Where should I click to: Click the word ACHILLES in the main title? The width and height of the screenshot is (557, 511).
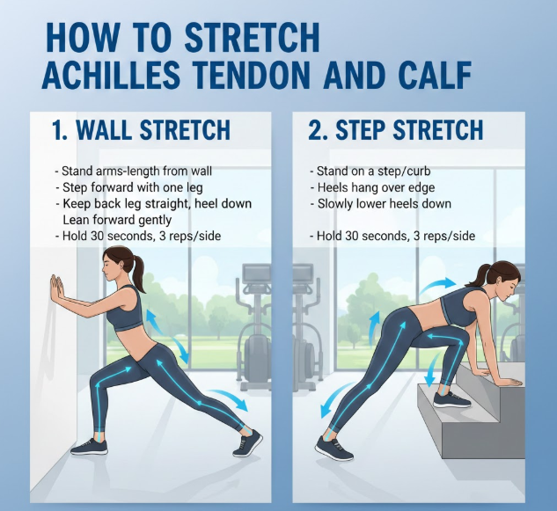[x=111, y=75]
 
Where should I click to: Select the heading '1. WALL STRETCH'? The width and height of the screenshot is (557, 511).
[x=141, y=129]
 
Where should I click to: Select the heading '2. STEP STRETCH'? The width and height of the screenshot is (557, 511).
[x=396, y=129]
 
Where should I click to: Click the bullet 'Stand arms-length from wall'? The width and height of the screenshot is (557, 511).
[x=133, y=172]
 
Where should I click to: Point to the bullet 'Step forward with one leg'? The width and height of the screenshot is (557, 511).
[x=129, y=187]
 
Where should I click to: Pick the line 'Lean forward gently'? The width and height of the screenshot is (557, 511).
[x=117, y=220]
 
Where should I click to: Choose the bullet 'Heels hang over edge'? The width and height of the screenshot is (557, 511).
[x=372, y=187]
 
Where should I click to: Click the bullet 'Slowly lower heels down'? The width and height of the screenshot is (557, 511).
[x=380, y=204]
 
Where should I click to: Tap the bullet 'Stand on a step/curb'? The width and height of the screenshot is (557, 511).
[x=370, y=172]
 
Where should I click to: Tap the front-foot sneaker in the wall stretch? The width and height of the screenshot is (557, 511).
[x=89, y=447]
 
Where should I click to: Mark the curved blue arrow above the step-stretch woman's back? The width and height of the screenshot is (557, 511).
[x=438, y=286]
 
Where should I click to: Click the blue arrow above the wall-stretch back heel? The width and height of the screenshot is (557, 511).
[x=229, y=397]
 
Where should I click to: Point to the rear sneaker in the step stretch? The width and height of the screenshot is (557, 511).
[x=333, y=449]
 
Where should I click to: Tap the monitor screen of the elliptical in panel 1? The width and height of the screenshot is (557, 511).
[x=256, y=274]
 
